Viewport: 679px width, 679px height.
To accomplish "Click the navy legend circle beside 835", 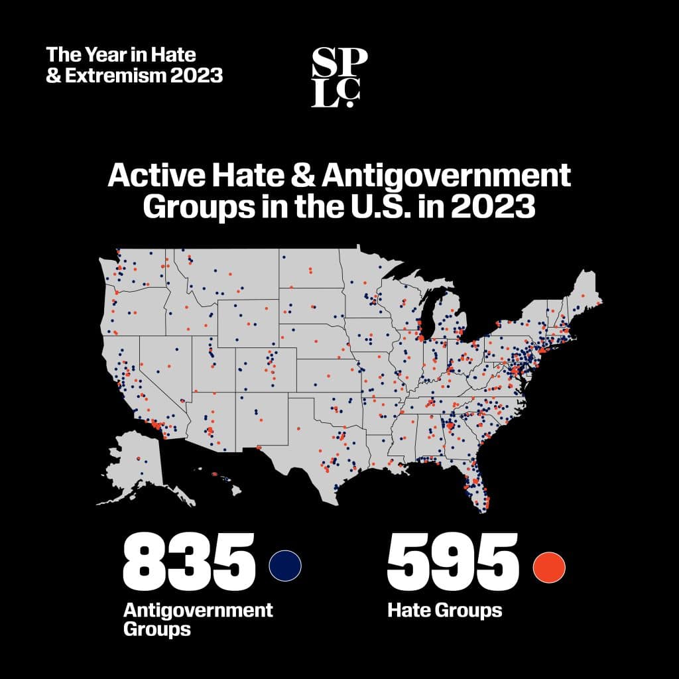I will (285, 565).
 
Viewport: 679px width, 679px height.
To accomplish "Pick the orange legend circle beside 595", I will (549, 565).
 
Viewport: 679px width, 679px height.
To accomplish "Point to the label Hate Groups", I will (444, 609).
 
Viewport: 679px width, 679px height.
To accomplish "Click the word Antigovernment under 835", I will (198, 609).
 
